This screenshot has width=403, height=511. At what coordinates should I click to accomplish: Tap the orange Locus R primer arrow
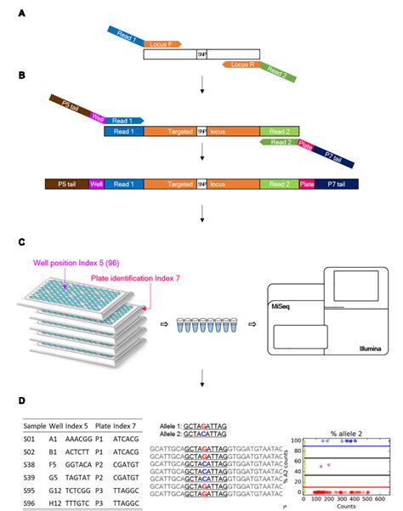click(x=245, y=64)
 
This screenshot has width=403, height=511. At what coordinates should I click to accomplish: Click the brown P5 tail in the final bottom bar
click(x=65, y=183)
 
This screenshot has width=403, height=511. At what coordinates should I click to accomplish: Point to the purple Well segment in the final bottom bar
click(x=96, y=183)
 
